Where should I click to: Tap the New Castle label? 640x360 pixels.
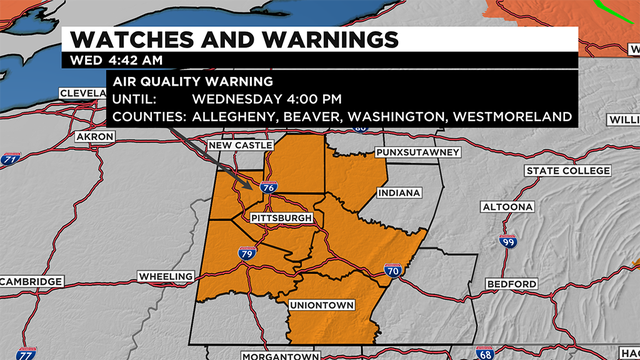click(239, 147)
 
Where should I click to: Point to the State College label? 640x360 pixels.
click(566, 171)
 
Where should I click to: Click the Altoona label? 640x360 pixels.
click(507, 208)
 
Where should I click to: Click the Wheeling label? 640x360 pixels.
click(166, 276)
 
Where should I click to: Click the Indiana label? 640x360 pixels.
click(400, 192)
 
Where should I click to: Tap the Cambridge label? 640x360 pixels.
click(32, 282)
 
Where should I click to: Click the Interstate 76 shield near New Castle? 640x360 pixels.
click(267, 187)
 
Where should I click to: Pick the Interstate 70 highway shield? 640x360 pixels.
click(392, 271)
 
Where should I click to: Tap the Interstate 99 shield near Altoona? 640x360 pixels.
click(508, 243)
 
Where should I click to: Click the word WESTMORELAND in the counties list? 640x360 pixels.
click(512, 117)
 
